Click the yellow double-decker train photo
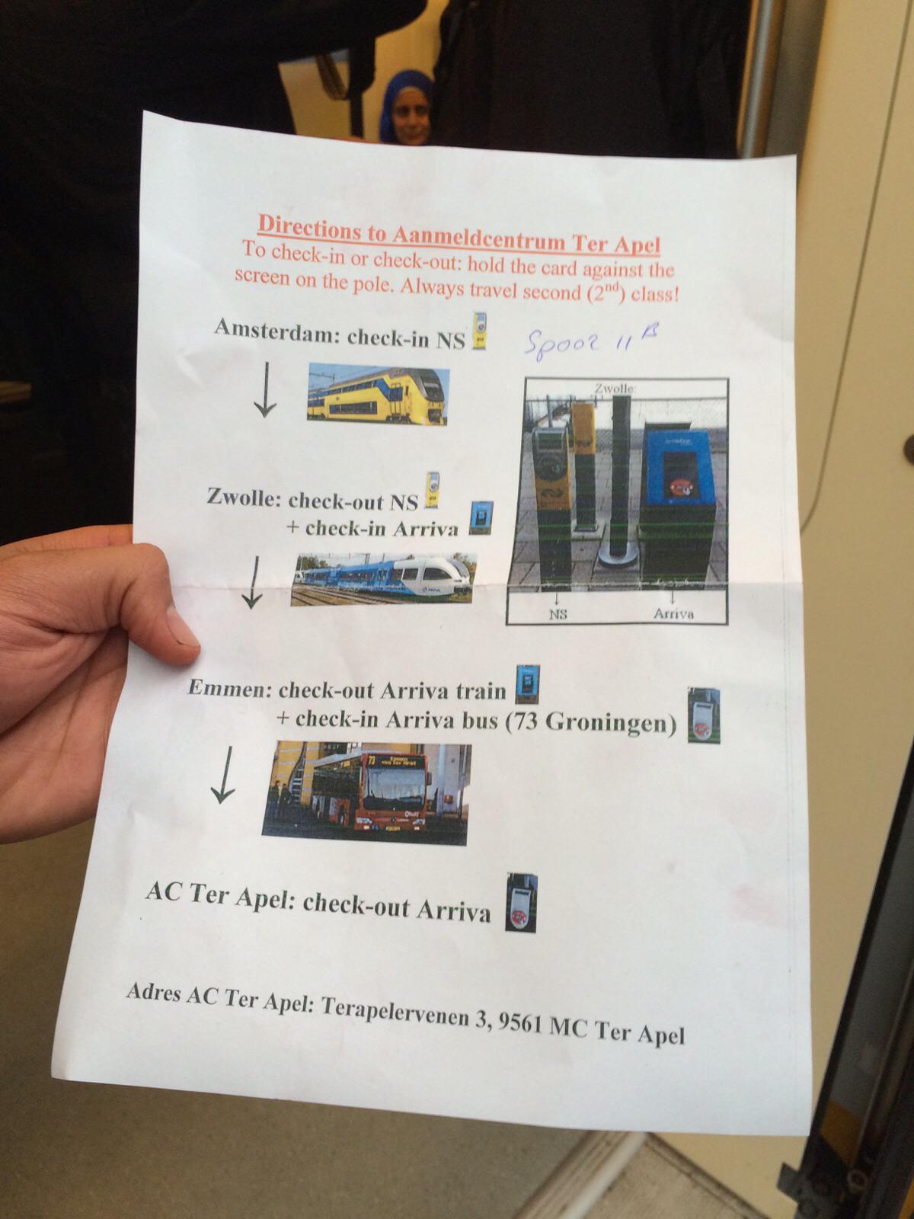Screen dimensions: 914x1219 coord(378,395)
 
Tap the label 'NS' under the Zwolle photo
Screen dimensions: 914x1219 coord(559,615)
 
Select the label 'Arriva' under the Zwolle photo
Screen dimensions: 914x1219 coord(673,613)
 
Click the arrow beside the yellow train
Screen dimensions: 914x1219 coord(266,390)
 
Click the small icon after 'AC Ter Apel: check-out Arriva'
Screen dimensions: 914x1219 coord(521,903)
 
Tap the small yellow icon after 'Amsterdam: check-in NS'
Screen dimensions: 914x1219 coord(479,330)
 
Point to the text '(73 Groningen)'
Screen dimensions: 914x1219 coord(592,722)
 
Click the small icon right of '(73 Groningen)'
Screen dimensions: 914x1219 coord(704,715)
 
